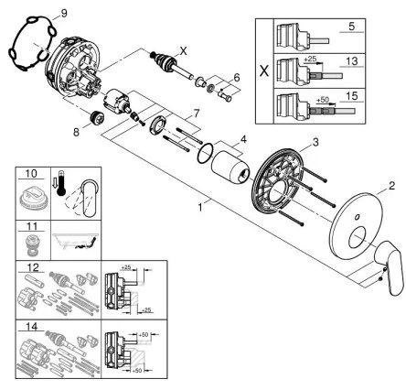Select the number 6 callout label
(x=237, y=78)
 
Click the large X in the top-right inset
(x=263, y=69)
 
